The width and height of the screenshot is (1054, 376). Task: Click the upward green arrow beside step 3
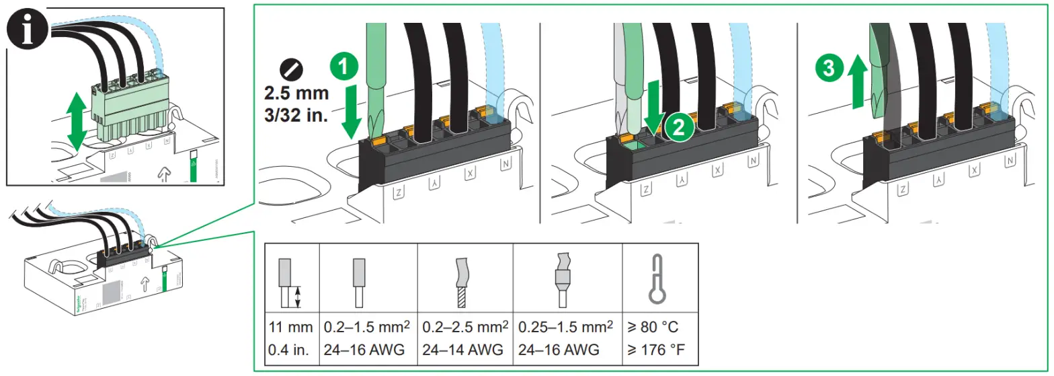click(857, 82)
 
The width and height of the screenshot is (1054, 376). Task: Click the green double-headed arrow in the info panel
click(76, 120)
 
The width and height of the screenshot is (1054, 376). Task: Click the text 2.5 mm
click(294, 92)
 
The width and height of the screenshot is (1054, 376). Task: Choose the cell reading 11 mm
click(291, 328)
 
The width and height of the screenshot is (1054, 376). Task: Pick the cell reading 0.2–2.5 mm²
click(464, 328)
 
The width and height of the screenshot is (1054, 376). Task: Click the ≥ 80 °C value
click(653, 328)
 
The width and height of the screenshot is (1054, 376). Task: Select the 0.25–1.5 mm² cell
click(565, 328)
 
